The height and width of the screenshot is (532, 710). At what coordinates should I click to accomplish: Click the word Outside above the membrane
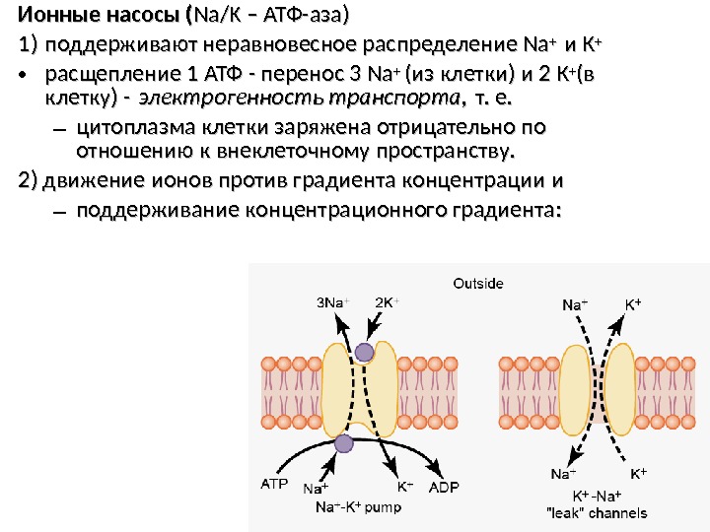tap(478, 284)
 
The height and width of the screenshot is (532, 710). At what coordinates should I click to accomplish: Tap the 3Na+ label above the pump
tap(332, 302)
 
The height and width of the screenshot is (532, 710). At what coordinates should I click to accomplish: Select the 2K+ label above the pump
tap(389, 302)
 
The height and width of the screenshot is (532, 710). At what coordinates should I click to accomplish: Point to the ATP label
tap(274, 485)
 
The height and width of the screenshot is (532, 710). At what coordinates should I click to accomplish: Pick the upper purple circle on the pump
tap(365, 352)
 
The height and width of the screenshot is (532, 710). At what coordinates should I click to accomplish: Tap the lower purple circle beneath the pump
tap(343, 443)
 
